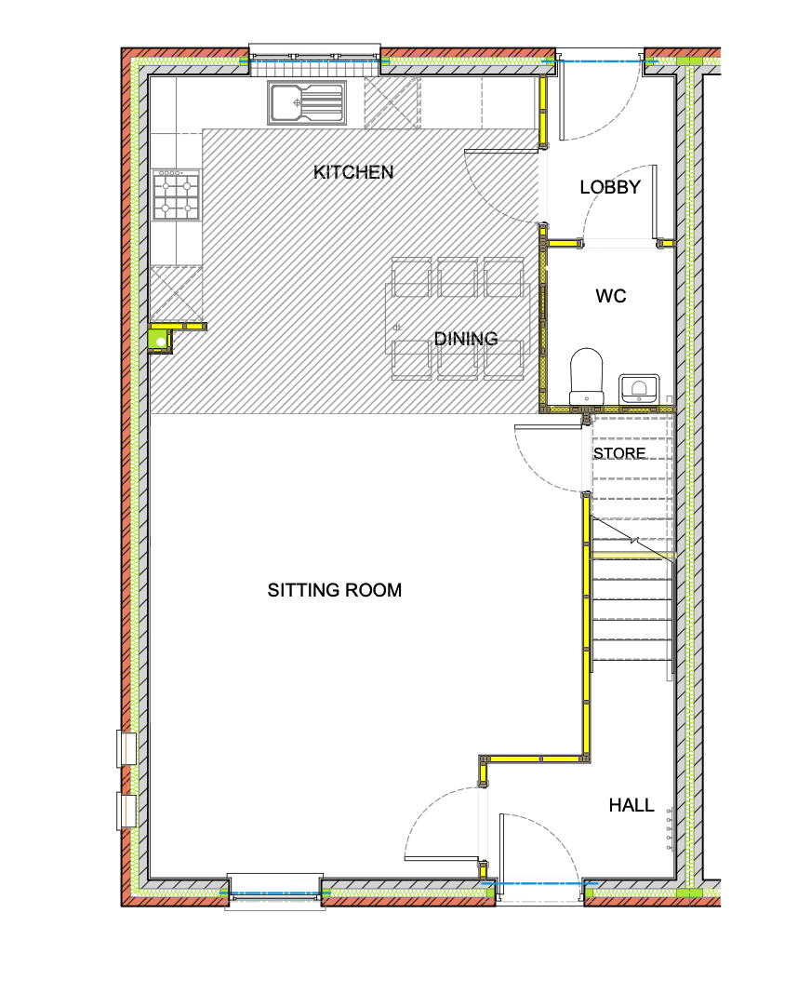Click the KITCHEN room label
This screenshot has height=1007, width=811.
click(352, 172)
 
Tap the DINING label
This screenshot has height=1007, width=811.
click(466, 339)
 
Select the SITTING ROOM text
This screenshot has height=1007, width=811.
click(334, 590)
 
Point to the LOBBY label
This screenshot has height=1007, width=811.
click(610, 187)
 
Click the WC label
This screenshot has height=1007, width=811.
click(611, 296)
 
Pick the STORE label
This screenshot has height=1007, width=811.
click(619, 453)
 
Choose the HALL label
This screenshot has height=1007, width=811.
click(632, 805)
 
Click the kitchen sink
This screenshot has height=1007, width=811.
click(307, 102)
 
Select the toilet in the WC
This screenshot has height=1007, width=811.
click(587, 377)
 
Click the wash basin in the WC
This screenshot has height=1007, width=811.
click(639, 388)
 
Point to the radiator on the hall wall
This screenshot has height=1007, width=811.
click(670, 829)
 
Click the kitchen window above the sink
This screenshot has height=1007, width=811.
click(314, 61)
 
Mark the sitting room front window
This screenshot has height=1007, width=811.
click(275, 892)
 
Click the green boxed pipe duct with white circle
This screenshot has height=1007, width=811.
click(160, 341)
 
